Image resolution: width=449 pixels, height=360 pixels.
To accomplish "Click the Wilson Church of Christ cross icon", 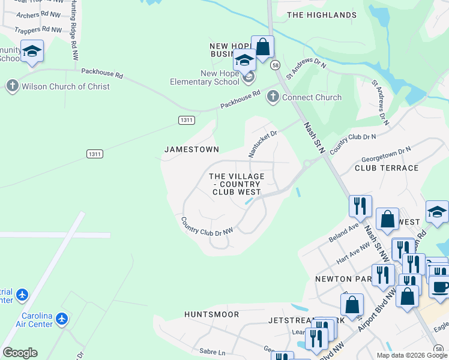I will tap(12, 86).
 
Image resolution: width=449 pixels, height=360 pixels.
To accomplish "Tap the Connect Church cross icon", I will tap(273, 97).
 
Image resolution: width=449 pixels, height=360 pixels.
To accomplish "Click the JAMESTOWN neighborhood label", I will tap(191, 149).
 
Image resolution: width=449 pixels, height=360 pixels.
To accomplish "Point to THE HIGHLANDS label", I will tap(322, 15).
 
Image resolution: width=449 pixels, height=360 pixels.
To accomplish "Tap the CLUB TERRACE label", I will tap(387, 168).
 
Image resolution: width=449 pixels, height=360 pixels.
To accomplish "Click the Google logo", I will tap(20, 353).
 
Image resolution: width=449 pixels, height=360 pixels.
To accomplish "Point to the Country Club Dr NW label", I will tap(206, 225).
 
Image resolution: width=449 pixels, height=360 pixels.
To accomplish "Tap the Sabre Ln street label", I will tap(213, 352).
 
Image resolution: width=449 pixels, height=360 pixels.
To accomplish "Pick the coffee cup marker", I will tap(440, 287).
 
